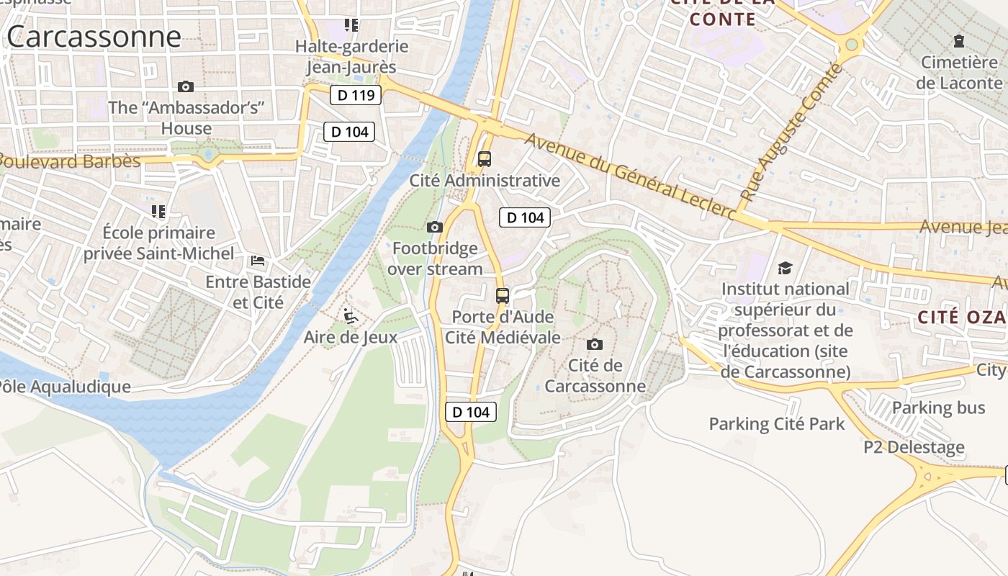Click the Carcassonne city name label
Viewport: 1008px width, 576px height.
tap(94, 36)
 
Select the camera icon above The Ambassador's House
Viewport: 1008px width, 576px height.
tap(186, 86)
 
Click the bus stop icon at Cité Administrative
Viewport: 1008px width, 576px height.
tap(485, 159)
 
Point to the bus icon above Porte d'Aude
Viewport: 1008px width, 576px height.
tap(503, 295)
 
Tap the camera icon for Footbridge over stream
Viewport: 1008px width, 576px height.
tap(434, 228)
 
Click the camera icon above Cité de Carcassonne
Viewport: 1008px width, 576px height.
tap(595, 344)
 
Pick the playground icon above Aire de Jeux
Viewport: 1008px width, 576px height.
tap(350, 315)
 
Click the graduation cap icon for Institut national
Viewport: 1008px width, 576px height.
tap(785, 268)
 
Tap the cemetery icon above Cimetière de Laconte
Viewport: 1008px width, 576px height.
tap(958, 41)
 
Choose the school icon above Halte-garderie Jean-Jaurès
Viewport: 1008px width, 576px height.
tap(351, 26)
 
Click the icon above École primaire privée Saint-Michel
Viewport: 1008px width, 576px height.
tap(158, 211)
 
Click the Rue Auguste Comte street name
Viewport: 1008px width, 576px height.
tap(791, 132)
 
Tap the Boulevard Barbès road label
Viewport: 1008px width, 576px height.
tap(71, 161)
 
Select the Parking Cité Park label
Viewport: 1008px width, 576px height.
tap(777, 423)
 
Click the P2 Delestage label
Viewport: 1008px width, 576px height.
tap(914, 447)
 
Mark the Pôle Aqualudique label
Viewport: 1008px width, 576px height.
tap(65, 387)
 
